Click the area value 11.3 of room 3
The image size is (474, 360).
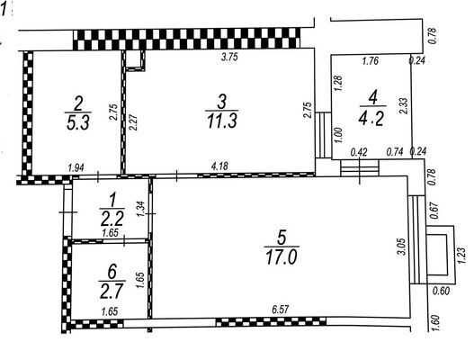tap(222, 121)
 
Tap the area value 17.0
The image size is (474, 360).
tap(282, 257)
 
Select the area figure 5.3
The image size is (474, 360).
tap(77, 122)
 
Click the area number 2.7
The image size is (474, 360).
tap(112, 291)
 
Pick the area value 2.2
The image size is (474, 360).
tap(112, 219)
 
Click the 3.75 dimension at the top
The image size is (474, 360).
tap(229, 57)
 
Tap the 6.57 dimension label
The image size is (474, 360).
tap(281, 310)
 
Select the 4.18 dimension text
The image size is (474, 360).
tap(219, 166)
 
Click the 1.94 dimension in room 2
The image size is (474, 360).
tap(76, 167)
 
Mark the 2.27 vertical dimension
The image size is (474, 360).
tap(133, 122)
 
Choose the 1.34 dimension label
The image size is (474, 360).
tap(141, 210)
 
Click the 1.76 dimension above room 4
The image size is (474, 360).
tap(371, 61)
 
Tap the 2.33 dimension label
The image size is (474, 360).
tap(404, 105)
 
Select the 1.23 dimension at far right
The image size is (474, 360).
tap(462, 256)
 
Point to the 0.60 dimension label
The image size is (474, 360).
tap(442, 291)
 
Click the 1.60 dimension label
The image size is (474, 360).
tap(435, 323)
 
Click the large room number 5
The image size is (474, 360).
tap(282, 238)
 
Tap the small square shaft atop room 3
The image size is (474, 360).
tap(135, 60)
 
